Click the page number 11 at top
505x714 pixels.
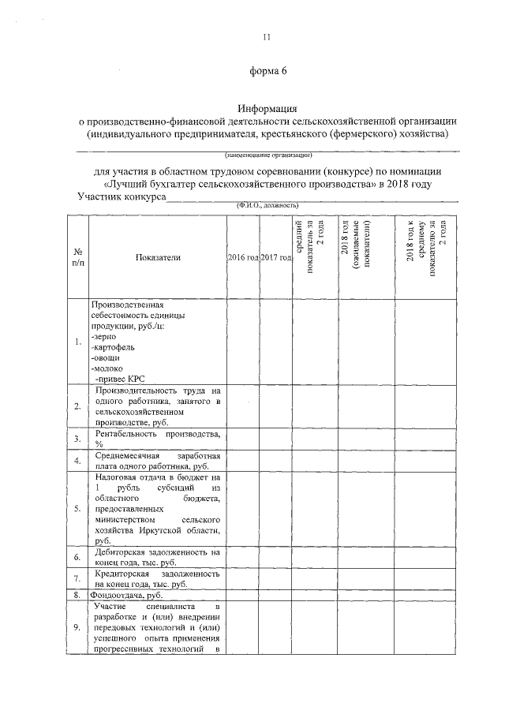pos(266,37)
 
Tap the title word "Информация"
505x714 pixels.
pos(267,108)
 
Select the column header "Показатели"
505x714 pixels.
pos(158,258)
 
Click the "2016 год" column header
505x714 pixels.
pos(242,258)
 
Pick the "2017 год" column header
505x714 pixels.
pos(276,258)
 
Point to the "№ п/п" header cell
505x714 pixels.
pos(77,258)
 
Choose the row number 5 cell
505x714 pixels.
pos(77,508)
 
